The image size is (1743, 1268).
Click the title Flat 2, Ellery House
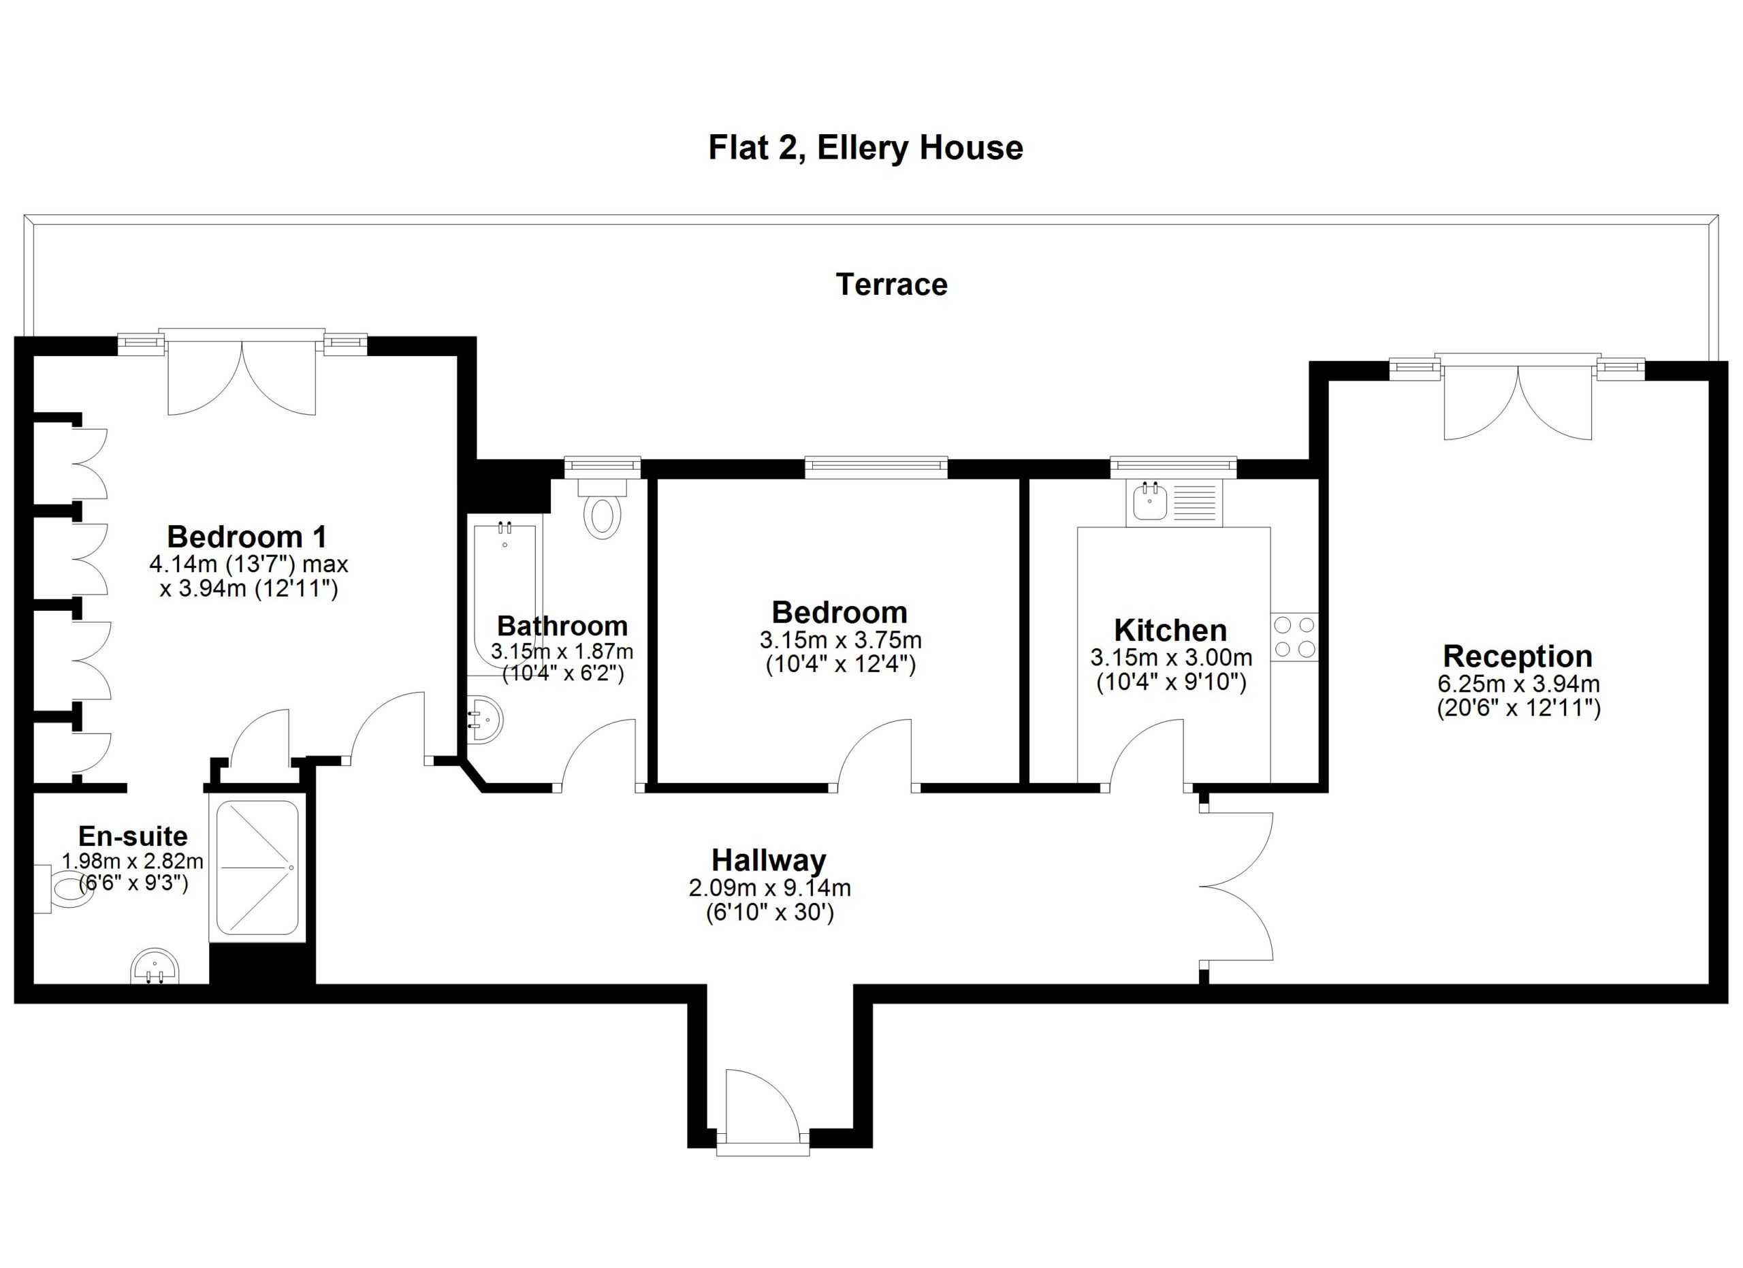tap(865, 148)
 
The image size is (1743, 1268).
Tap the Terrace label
tap(891, 285)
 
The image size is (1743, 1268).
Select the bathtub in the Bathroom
tap(505, 596)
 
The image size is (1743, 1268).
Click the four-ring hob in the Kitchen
tap(1294, 637)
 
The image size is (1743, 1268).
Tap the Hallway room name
tap(769, 860)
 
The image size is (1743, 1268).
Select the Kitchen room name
tap(1170, 630)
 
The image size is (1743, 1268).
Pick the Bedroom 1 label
tap(247, 537)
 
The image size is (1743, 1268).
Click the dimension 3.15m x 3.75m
tap(841, 639)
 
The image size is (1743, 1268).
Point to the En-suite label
tap(133, 836)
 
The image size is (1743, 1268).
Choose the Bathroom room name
tap(562, 626)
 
